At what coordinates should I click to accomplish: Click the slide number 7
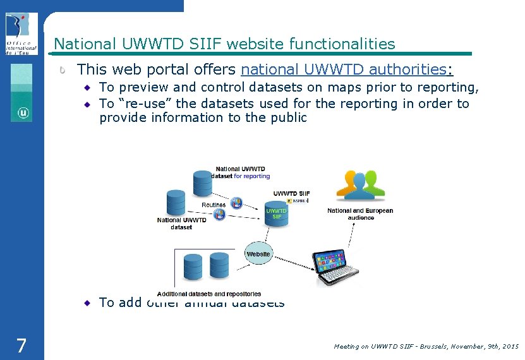point(21,345)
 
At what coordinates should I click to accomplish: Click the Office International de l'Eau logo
point(21,33)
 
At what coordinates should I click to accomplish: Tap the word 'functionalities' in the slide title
point(342,44)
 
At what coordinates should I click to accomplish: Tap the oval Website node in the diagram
point(258,254)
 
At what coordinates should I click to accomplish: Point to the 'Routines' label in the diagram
point(214,205)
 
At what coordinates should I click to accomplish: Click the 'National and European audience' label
point(360,214)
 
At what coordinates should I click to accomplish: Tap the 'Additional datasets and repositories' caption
point(209,294)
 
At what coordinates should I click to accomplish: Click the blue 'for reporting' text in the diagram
point(251,176)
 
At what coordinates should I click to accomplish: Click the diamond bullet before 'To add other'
point(88,303)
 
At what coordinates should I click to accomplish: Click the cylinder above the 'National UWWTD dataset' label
point(176,203)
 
